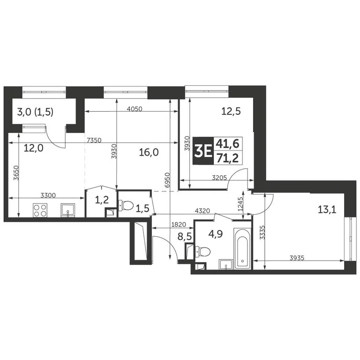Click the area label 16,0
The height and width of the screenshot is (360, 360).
point(150,152)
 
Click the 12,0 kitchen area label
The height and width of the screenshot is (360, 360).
point(34,149)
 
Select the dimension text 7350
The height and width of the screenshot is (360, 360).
point(95,140)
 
